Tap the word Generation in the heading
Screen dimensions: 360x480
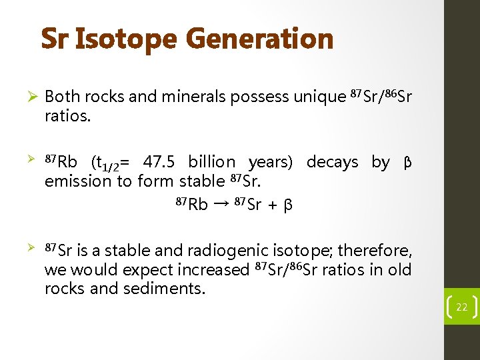(259, 39)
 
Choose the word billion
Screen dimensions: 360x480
(212, 162)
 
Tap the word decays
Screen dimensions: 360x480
(332, 162)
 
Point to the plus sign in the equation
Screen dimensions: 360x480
(272, 205)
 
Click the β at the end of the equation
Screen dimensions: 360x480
(287, 205)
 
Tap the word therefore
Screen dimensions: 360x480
(375, 251)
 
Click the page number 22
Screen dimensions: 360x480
(461, 307)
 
